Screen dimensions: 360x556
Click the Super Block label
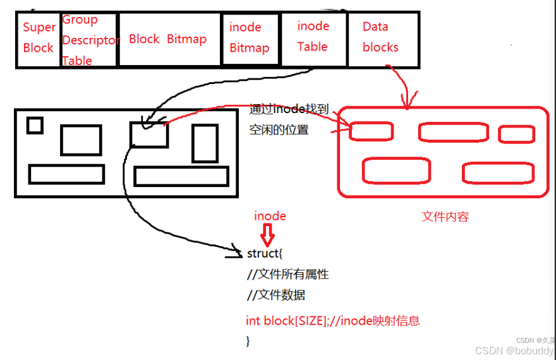coord(39,38)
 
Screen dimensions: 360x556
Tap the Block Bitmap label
coord(167,39)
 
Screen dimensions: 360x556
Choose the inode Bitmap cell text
coord(249,38)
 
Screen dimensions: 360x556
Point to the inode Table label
coord(313,36)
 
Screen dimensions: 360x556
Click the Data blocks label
coord(380,37)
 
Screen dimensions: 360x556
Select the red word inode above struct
coord(270,216)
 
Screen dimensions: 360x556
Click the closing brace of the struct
coord(248,340)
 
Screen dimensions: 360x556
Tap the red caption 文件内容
coord(445,217)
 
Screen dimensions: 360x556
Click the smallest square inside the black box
coord(35,126)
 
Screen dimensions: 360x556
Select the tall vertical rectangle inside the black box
coord(205,143)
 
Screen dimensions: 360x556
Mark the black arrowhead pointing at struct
coord(236,252)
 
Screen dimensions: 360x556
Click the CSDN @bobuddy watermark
coord(514,351)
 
